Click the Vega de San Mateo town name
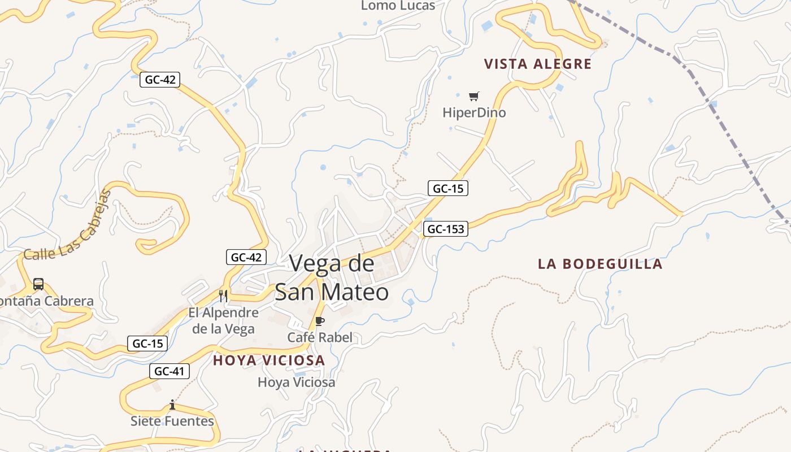click(x=332, y=277)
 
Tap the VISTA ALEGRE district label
click(x=537, y=64)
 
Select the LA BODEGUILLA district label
click(x=599, y=264)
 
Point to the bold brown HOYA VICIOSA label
click(x=269, y=360)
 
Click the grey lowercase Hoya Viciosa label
click(x=296, y=383)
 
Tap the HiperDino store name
click(x=474, y=112)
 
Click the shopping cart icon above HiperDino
click(x=473, y=97)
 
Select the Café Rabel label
click(x=320, y=337)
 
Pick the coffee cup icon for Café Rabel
click(x=319, y=321)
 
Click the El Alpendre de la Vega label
click(x=223, y=320)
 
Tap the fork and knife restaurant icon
click(x=223, y=295)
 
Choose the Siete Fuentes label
click(x=172, y=421)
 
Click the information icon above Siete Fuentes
click(x=172, y=405)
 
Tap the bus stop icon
click(x=38, y=284)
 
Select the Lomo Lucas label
click(x=398, y=6)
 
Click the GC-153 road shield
click(x=446, y=229)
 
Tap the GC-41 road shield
click(x=169, y=371)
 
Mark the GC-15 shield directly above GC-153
click(x=448, y=188)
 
